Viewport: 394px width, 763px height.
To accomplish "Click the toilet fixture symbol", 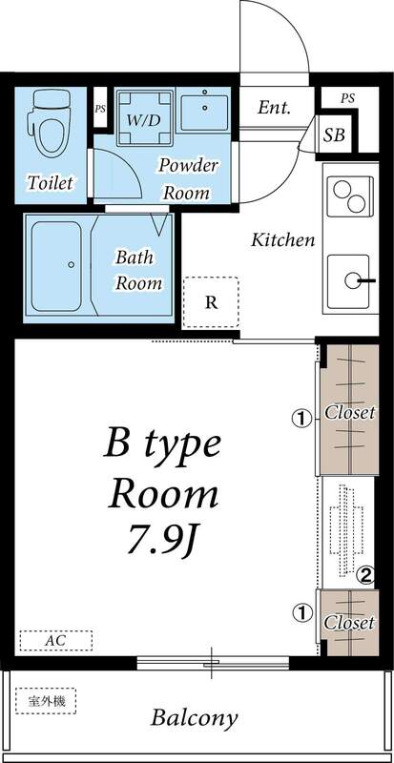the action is (52, 124).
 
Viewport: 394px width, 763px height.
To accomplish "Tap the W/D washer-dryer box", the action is (144, 117).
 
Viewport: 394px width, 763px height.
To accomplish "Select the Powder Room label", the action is (189, 179).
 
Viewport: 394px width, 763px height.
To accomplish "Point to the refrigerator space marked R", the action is (211, 302).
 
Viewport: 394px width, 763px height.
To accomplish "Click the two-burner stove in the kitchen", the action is (351, 196).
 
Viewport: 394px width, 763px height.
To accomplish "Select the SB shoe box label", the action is (335, 134).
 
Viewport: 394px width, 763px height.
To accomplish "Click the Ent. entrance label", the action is (274, 108).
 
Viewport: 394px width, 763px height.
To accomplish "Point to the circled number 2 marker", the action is (365, 576).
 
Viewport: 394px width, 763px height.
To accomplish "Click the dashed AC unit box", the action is (56, 641).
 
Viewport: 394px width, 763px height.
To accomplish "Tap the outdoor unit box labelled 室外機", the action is (45, 701).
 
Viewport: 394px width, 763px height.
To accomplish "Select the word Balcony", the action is (195, 718).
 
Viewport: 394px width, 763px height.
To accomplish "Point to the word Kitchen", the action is (283, 240).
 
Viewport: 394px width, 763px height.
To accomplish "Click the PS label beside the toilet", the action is (100, 109).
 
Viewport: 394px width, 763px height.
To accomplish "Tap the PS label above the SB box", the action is (347, 98).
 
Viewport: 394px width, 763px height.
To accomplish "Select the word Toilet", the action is (50, 183).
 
